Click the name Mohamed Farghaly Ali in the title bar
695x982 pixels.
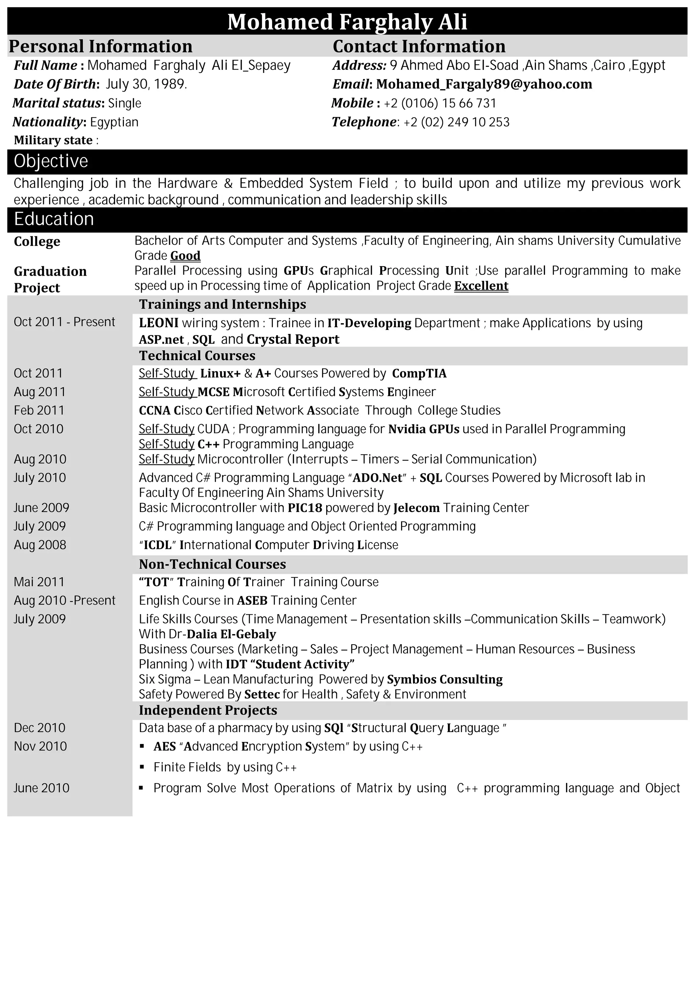(347, 22)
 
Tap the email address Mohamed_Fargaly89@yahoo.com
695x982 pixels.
(484, 84)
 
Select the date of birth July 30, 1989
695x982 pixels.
(146, 84)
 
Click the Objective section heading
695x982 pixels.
(51, 161)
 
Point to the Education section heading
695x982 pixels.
(54, 219)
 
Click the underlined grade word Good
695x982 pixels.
(185, 256)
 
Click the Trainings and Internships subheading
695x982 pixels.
(223, 304)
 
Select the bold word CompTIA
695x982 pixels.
(419, 373)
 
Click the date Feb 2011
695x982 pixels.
(39, 411)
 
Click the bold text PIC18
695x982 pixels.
(305, 508)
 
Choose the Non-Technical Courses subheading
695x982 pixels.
(212, 565)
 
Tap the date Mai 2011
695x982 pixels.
(39, 582)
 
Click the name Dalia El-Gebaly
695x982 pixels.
(231, 634)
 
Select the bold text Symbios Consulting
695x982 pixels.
(445, 680)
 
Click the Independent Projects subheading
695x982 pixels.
(208, 710)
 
